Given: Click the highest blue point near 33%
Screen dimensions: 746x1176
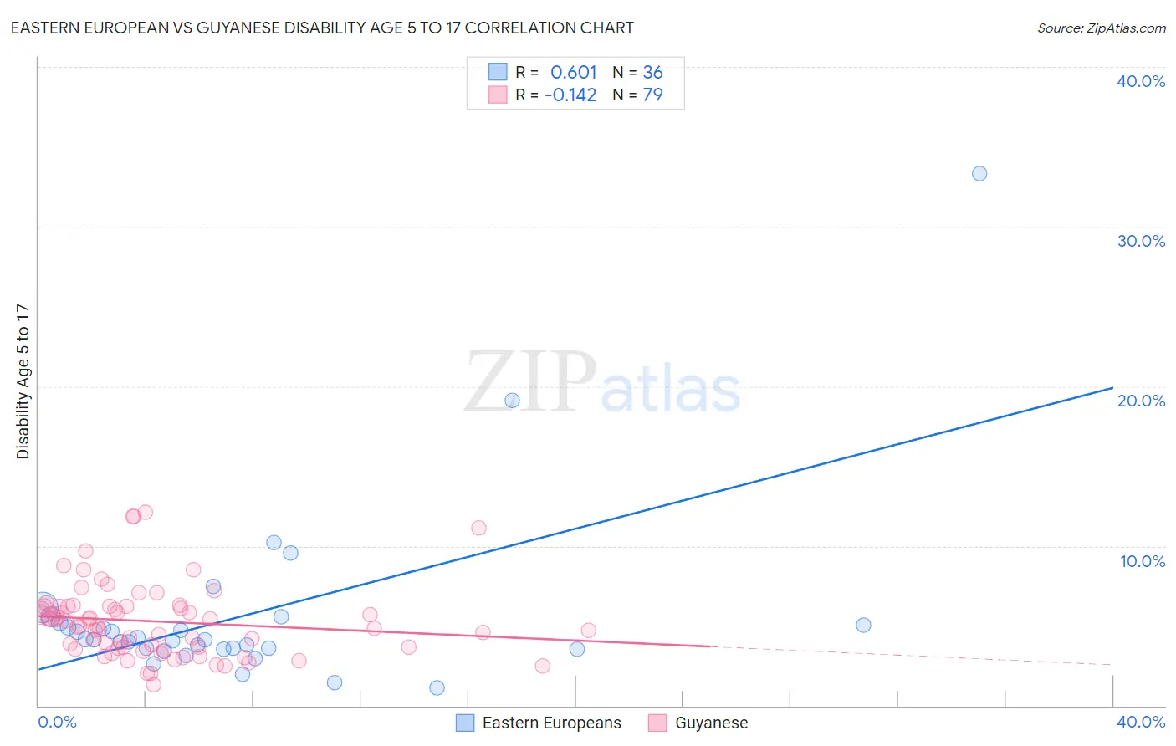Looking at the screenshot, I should [979, 174].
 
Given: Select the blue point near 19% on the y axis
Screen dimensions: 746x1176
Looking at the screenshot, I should [512, 401].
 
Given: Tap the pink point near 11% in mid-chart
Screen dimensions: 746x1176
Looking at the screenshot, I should [478, 528].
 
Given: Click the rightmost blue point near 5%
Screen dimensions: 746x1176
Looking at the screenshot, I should [863, 625].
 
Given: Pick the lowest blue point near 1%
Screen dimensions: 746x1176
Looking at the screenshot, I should [437, 687].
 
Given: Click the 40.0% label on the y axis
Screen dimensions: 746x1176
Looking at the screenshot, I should [1141, 81].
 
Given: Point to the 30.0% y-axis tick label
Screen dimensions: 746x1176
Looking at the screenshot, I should [1141, 241].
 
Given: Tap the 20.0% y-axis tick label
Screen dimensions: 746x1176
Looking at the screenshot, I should [1141, 401].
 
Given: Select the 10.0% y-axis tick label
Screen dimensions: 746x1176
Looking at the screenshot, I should [1143, 561].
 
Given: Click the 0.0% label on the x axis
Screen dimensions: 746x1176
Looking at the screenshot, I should [58, 722].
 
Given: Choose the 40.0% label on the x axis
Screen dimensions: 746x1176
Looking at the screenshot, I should [1141, 722].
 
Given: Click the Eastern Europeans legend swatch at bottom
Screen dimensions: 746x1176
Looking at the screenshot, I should [465, 723].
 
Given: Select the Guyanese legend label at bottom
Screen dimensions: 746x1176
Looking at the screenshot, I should [711, 723].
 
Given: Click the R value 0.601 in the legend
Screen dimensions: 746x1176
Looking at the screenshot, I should [573, 73].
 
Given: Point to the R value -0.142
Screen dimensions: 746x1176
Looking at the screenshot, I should [570, 95].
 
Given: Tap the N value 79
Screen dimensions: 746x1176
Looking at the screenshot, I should [652, 95].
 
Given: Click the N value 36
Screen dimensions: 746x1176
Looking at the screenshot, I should [652, 73].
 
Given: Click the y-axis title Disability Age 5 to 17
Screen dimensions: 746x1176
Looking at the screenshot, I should [23, 381].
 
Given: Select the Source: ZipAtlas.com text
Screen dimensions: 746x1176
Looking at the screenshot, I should [1101, 28].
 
